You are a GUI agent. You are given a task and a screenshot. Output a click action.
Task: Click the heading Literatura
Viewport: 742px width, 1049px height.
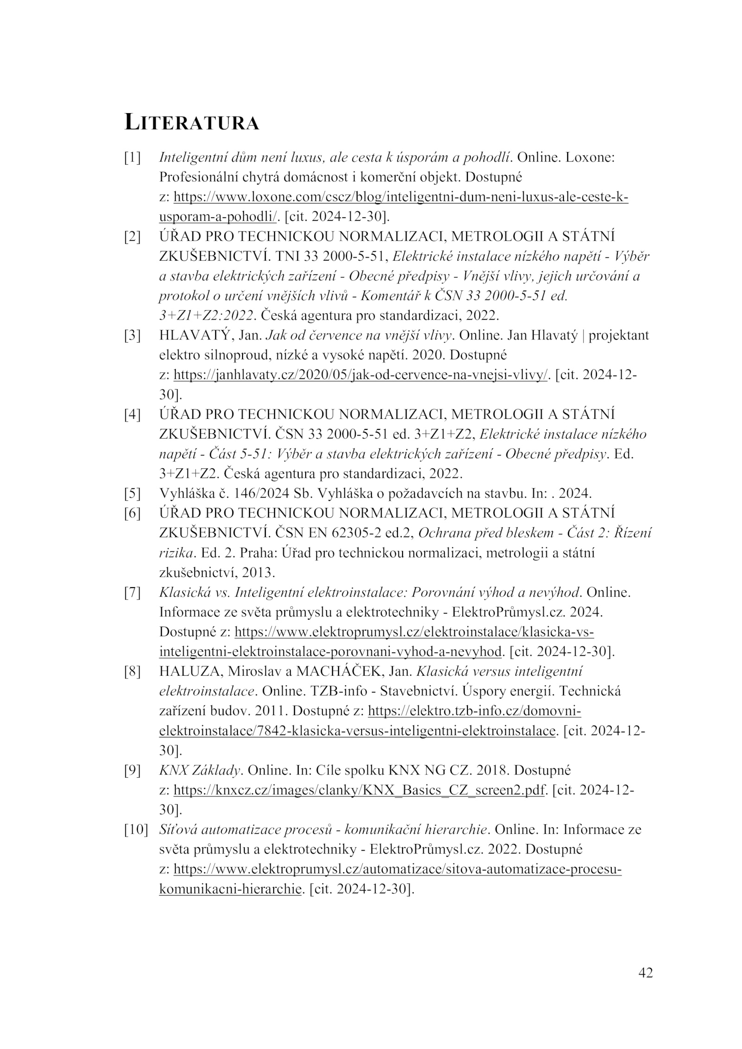[x=192, y=122]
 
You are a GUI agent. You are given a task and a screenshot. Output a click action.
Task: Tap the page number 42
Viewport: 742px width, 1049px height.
[x=645, y=972]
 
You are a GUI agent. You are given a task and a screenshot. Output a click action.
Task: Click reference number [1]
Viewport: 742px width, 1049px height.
[x=132, y=158]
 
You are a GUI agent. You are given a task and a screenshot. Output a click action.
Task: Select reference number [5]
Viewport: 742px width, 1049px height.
[x=132, y=493]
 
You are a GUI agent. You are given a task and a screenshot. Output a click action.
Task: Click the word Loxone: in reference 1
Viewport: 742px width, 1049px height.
[x=590, y=158]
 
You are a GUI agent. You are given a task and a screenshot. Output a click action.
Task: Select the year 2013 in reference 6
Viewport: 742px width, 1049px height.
[x=262, y=573]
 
